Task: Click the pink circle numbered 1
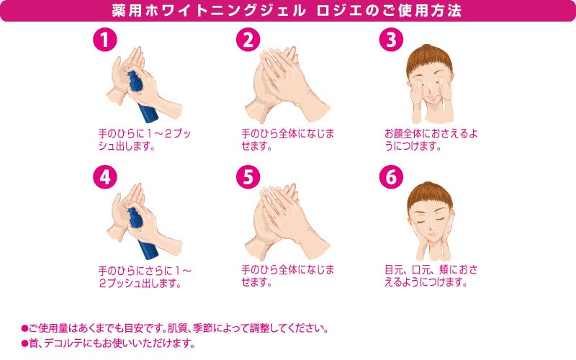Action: [x=105, y=40]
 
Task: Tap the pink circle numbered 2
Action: [x=248, y=40]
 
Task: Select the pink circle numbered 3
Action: [x=392, y=40]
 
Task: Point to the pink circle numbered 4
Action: [x=105, y=177]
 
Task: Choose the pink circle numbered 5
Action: [x=248, y=177]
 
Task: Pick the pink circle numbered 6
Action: [x=392, y=177]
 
